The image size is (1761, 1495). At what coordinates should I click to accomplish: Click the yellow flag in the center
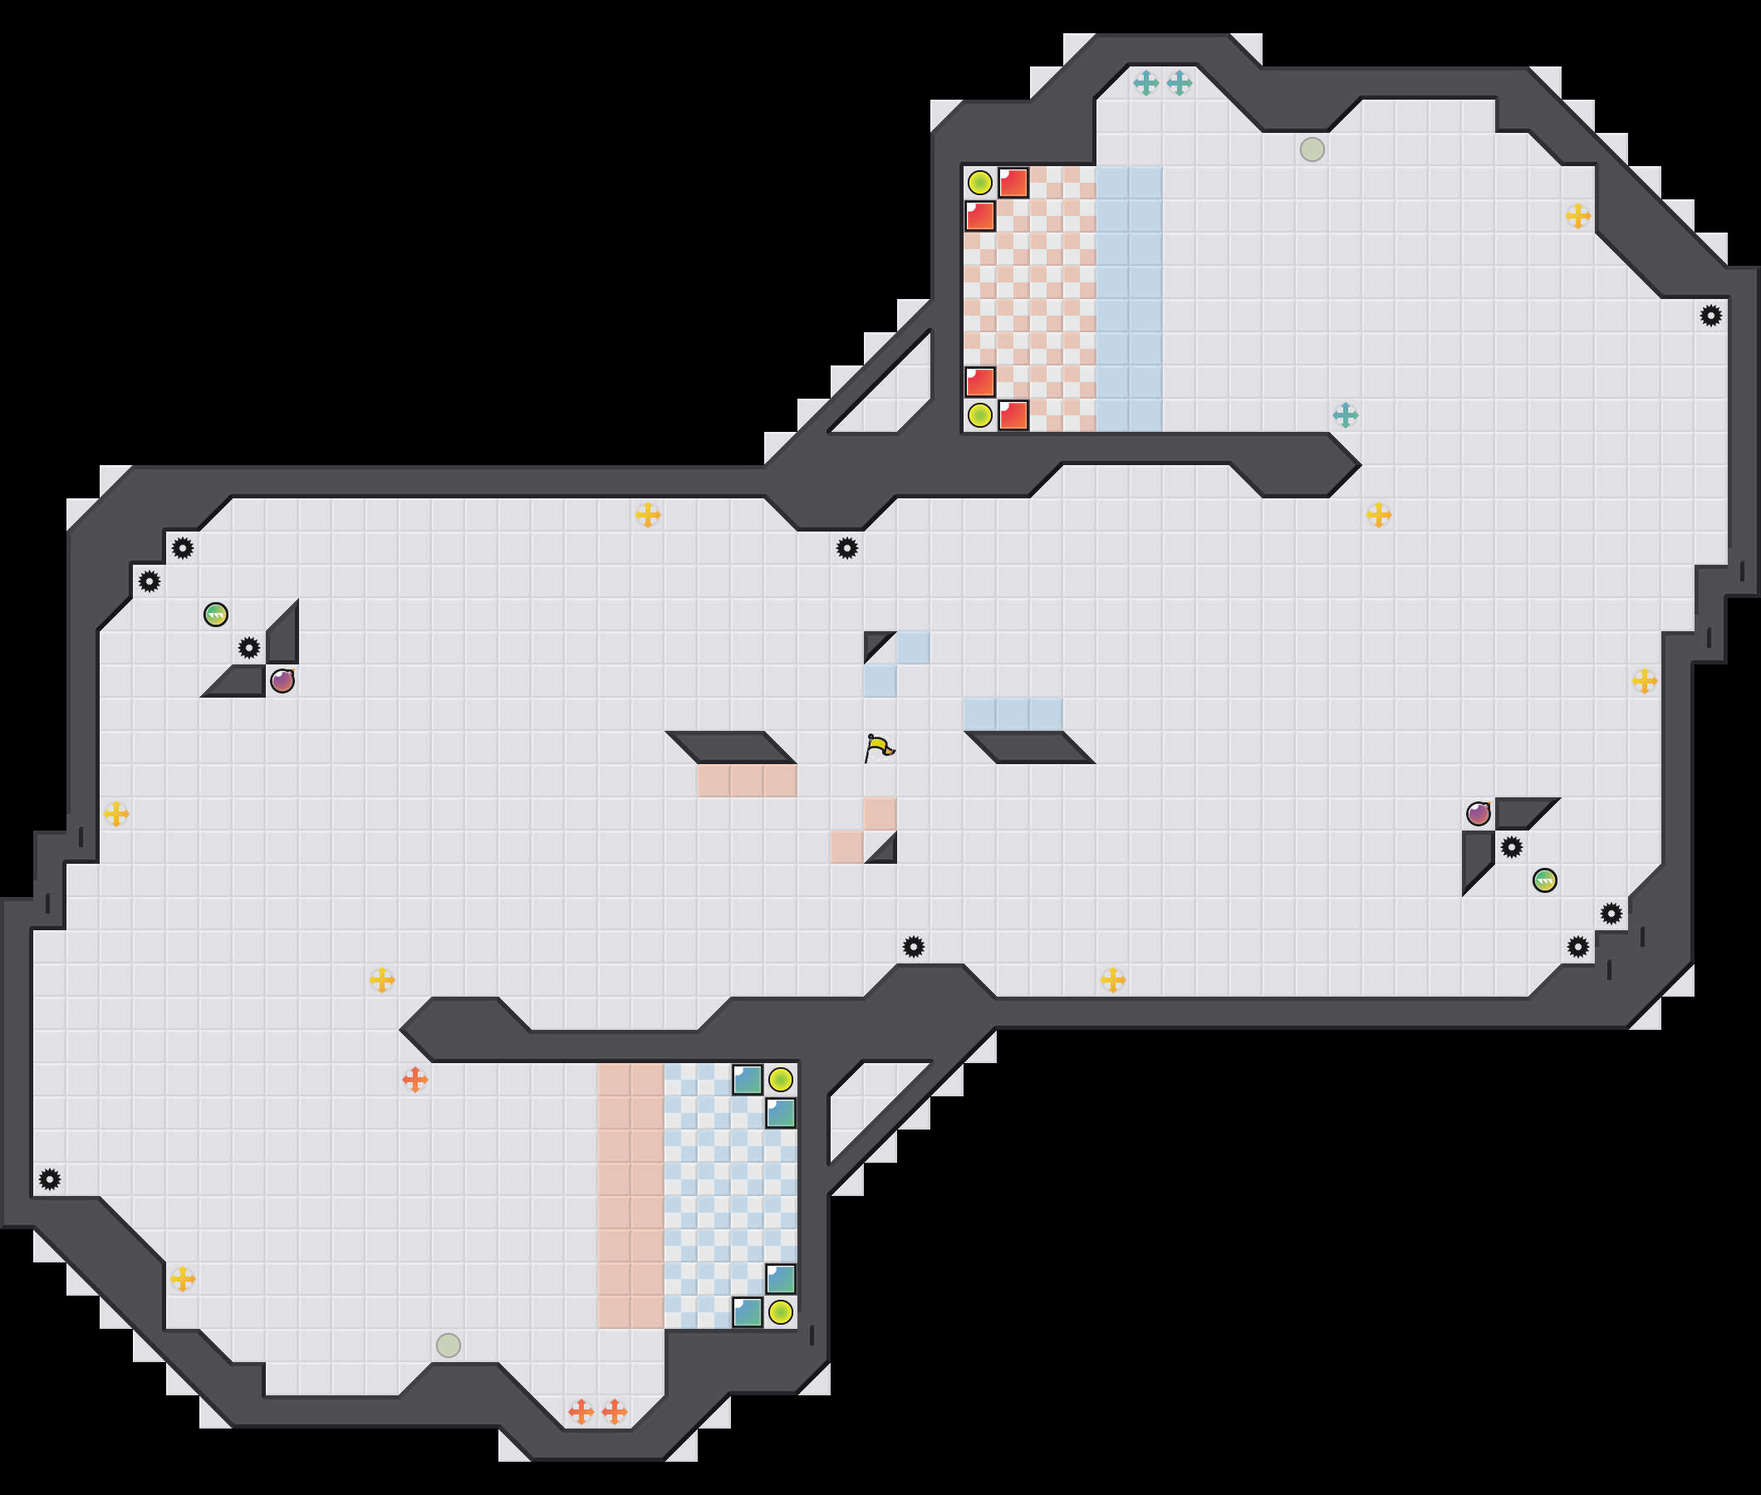(880, 747)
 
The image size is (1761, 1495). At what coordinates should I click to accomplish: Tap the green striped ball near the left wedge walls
(216, 615)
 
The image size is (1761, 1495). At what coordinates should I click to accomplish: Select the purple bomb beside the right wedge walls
(1479, 814)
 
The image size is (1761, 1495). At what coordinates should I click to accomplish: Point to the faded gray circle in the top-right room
(1312, 149)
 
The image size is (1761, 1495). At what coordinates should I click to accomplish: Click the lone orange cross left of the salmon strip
(414, 1080)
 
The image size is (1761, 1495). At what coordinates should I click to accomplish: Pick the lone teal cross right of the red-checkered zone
(1345, 415)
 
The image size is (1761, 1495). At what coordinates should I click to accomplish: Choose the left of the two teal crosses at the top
(1145, 83)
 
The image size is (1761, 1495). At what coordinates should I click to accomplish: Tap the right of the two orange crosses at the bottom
(615, 1412)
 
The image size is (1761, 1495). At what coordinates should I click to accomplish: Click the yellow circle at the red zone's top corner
(979, 182)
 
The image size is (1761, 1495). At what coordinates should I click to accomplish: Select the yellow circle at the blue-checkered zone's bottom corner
(781, 1312)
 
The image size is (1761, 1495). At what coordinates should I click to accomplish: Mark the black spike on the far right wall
(1711, 316)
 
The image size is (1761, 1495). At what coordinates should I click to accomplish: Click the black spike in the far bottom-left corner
(50, 1179)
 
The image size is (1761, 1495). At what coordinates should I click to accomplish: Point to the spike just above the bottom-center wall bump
(913, 947)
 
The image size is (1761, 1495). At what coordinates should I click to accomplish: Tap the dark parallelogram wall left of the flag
(730, 747)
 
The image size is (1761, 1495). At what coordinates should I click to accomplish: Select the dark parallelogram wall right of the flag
(1030, 747)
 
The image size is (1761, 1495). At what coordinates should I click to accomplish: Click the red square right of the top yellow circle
(1013, 182)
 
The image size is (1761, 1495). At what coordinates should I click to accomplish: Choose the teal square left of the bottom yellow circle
(748, 1312)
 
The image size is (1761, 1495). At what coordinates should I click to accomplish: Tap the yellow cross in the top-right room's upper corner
(1578, 216)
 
